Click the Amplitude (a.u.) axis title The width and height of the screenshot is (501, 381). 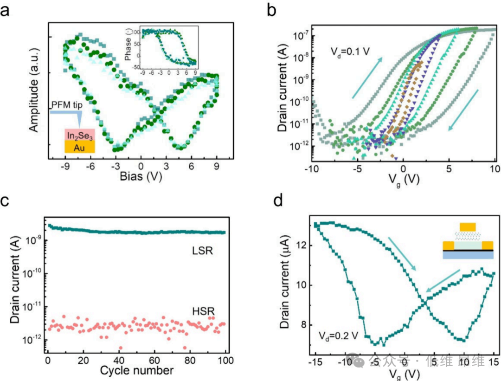click(34, 91)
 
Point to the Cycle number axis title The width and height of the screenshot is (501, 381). click(137, 370)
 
